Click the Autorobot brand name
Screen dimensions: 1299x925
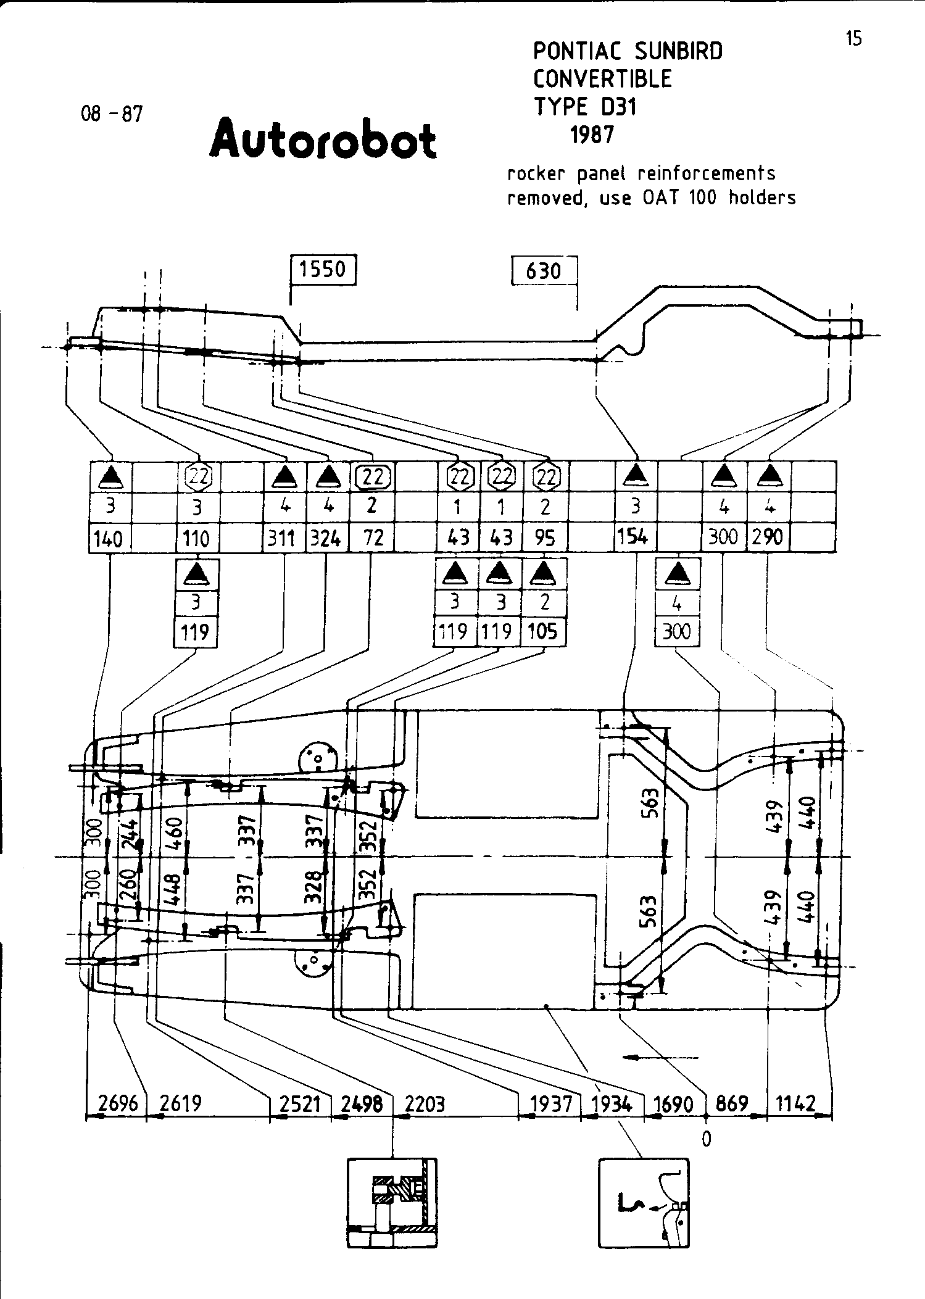323,139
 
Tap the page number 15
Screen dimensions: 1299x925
853,39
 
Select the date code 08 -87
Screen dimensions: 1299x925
112,114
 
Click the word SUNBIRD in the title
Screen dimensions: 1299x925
678,51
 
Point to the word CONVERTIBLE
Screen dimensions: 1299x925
602,79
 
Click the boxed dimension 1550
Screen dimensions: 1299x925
323,270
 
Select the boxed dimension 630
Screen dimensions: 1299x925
544,271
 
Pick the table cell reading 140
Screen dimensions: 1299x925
108,539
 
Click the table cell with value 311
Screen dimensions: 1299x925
281,539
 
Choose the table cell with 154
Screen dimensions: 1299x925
633,537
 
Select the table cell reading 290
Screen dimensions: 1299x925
768,537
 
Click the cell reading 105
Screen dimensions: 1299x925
543,631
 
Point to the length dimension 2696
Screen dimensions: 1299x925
118,1103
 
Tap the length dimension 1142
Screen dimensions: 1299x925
795,1103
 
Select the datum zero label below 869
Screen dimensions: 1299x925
707,1139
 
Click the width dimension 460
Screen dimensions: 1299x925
175,832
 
